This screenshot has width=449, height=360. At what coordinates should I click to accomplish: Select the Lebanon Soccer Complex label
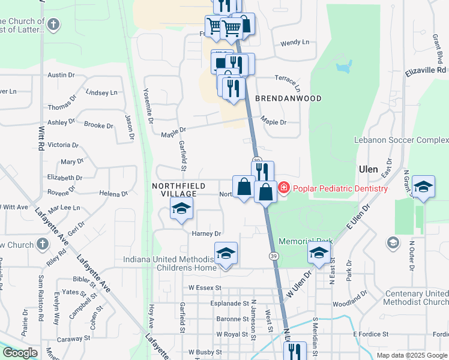[x=409, y=140]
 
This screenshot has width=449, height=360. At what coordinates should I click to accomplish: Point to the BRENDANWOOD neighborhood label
[x=288, y=98]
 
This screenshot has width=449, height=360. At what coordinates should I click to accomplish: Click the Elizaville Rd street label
[x=427, y=70]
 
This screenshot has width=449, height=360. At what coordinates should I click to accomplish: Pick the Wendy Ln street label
[x=295, y=43]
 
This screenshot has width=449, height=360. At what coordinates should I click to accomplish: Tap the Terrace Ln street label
[x=287, y=79]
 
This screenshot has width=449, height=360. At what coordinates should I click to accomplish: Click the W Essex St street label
[x=209, y=288]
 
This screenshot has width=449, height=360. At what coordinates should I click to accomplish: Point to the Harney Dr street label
[x=206, y=233]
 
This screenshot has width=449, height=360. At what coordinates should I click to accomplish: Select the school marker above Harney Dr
[x=181, y=208]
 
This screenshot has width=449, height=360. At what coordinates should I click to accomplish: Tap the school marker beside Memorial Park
[x=319, y=253]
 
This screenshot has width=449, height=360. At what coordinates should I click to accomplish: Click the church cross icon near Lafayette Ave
[x=41, y=244]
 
